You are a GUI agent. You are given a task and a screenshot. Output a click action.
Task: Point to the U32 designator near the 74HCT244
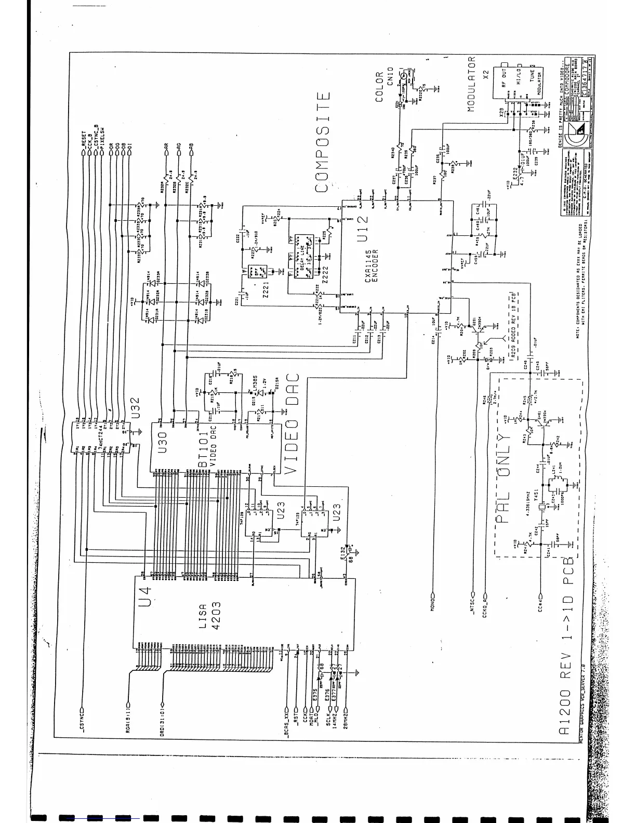click(x=135, y=408)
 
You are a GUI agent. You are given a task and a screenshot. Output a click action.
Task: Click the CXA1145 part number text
click(x=368, y=266)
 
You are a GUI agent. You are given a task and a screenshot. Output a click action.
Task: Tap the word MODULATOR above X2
click(x=471, y=83)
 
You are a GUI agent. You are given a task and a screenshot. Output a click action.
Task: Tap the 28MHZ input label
click(x=345, y=721)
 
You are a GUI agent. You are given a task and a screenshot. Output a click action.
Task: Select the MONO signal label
click(x=432, y=601)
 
